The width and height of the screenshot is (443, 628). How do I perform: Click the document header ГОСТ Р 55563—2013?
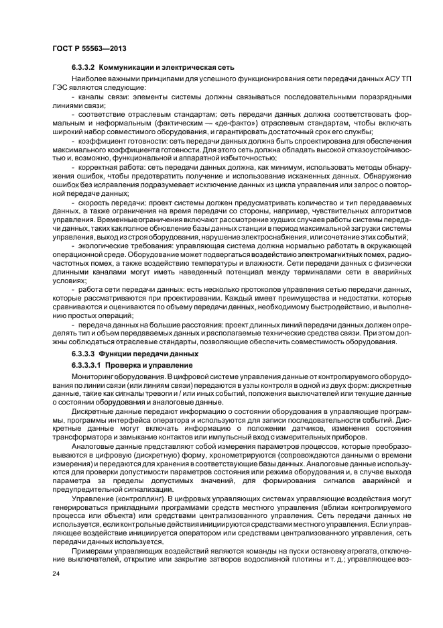pos(88,50)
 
